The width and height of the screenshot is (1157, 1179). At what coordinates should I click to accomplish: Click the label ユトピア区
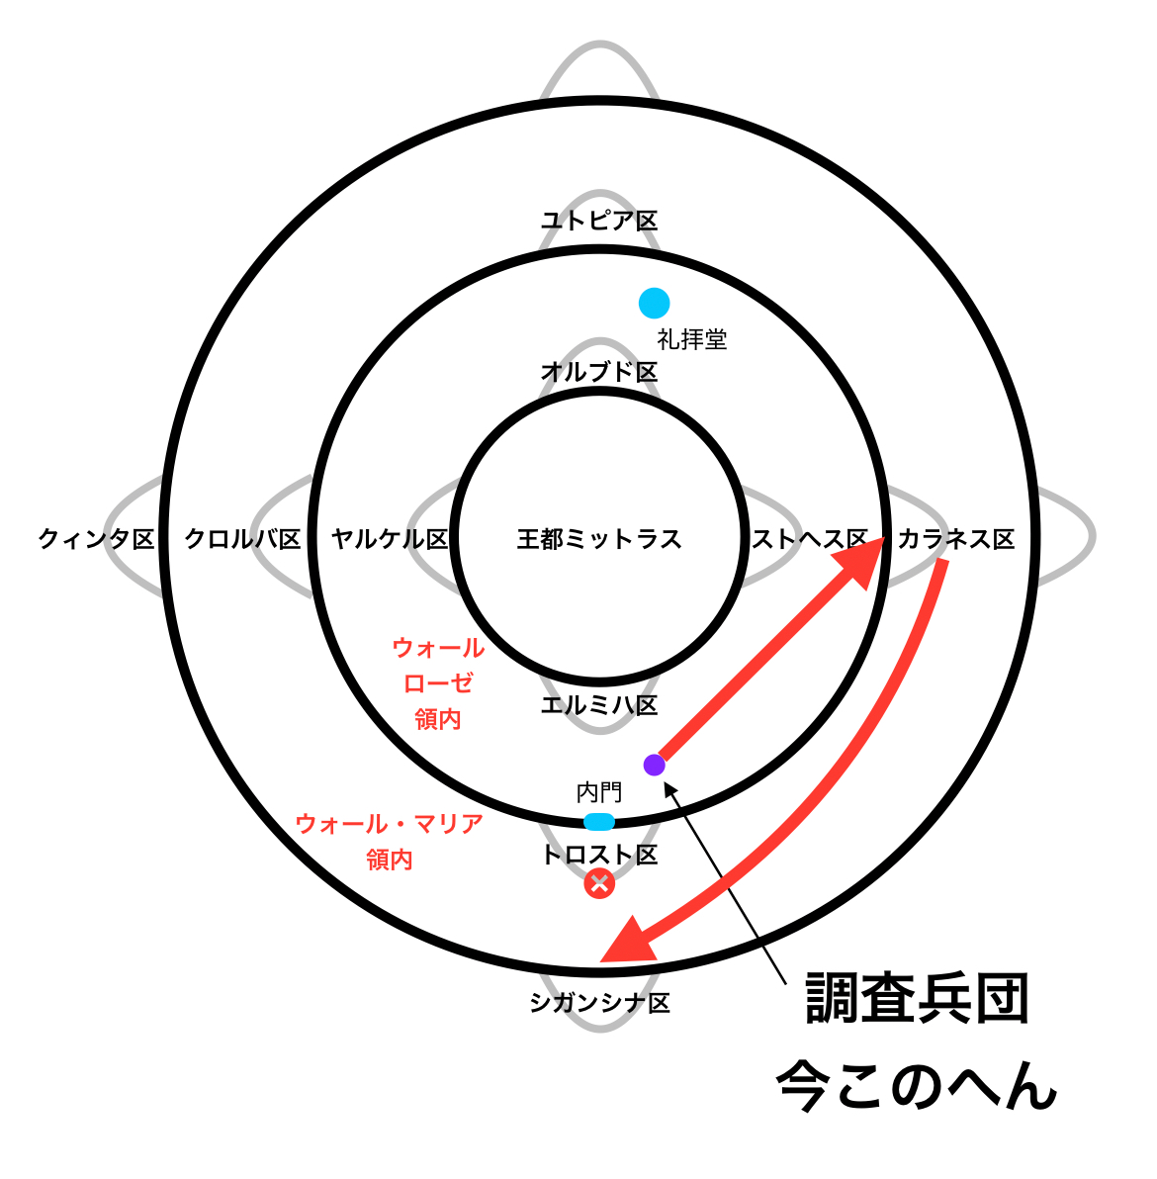599,221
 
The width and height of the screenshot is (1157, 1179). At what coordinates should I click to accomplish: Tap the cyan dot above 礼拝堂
654,303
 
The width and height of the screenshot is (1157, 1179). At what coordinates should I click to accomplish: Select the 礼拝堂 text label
692,339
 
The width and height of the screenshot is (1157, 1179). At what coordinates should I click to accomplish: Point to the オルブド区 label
599,372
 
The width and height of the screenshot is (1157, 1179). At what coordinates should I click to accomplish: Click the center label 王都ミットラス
599,539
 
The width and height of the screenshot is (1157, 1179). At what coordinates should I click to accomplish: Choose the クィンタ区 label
97,539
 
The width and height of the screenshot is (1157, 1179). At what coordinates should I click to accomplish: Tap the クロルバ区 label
243,539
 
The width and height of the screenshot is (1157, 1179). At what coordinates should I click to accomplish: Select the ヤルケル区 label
390,539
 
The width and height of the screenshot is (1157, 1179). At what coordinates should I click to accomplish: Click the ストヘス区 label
809,539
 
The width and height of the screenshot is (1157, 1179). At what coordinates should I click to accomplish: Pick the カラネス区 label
955,539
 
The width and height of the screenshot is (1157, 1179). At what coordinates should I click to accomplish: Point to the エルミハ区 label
599,705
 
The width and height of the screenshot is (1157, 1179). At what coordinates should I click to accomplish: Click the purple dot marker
654,765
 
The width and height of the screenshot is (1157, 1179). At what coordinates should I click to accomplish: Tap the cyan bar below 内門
599,821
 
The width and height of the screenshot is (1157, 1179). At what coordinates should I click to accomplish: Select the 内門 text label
599,792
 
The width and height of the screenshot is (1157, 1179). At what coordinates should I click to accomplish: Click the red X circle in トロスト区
599,883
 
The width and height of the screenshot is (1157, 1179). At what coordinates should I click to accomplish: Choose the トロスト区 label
599,855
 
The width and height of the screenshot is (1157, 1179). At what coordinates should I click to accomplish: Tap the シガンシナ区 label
599,1003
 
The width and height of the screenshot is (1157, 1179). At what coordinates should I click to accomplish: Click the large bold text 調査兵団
918,999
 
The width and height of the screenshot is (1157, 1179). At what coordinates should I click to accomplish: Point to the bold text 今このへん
918,1086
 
